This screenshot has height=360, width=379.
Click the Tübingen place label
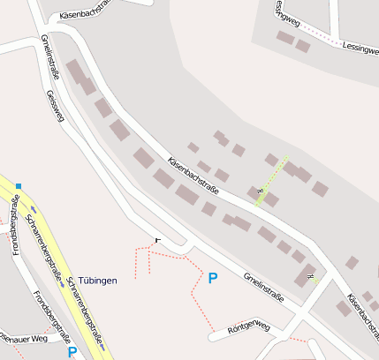pos(98,280)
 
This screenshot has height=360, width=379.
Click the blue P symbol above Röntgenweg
pos(212,278)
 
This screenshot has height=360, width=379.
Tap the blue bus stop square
pos(19,185)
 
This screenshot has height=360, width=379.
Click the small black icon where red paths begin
pos(158,239)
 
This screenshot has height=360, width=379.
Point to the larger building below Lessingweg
pos(285,37)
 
